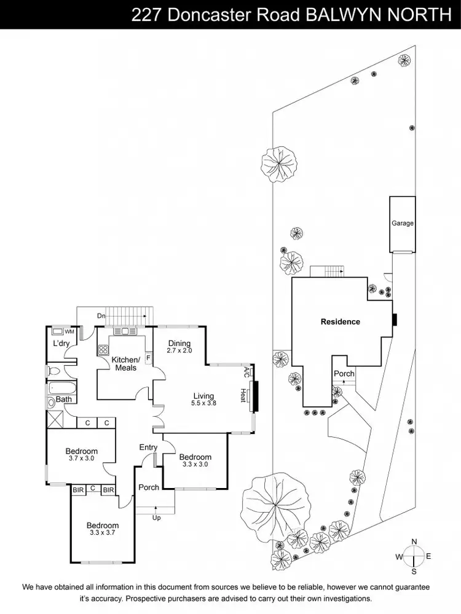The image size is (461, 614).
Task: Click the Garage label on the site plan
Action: point(403,223)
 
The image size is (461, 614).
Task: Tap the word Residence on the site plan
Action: point(340,321)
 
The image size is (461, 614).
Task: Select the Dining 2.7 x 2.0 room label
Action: point(179,347)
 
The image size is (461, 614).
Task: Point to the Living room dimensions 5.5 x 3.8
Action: point(204,403)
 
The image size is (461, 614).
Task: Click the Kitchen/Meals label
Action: point(126,363)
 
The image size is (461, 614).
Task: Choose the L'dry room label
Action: point(60,343)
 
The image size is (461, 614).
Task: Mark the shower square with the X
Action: point(55,420)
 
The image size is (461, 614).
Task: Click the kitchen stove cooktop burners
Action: point(103,351)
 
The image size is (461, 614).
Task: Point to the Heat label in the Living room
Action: point(243,394)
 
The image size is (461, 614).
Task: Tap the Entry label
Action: point(148,447)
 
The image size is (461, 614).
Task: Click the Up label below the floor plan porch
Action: point(156,518)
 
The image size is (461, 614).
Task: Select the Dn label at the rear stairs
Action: point(101,316)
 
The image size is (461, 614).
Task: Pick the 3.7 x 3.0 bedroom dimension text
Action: point(81,459)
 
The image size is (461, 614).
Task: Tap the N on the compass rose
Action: point(414,541)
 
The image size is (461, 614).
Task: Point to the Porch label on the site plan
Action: point(344,374)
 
